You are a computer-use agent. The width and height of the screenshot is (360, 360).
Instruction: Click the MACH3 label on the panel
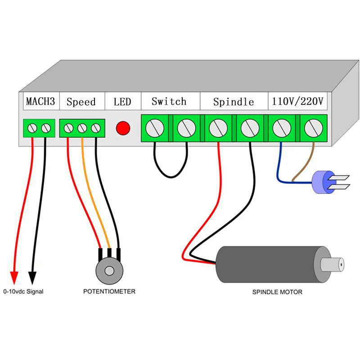pos(40,102)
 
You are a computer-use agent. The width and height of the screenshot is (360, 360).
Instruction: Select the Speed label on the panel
pos(81,102)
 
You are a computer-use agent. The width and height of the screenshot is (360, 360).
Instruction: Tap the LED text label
pos(122,102)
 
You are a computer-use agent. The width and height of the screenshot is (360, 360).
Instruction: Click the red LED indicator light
pos(123,128)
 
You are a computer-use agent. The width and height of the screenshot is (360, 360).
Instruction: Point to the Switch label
pos(169,101)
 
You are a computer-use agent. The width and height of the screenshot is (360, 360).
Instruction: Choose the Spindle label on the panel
pos(234,102)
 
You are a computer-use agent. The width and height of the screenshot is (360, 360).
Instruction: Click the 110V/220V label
pos(297,102)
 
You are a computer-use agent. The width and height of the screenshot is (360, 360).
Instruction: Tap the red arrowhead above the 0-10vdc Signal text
pos(14,276)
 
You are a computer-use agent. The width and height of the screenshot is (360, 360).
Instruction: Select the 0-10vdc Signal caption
pos(23,292)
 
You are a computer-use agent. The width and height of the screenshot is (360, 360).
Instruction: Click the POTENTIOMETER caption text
pos(109,292)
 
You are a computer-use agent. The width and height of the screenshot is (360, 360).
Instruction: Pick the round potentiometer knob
pos(109,270)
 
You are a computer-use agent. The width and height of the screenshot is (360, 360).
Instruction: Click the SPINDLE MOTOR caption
pos(277,292)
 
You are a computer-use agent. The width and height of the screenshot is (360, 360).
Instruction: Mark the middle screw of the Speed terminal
pos(82,129)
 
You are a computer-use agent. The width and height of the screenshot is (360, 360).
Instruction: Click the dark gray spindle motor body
pos(265,264)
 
